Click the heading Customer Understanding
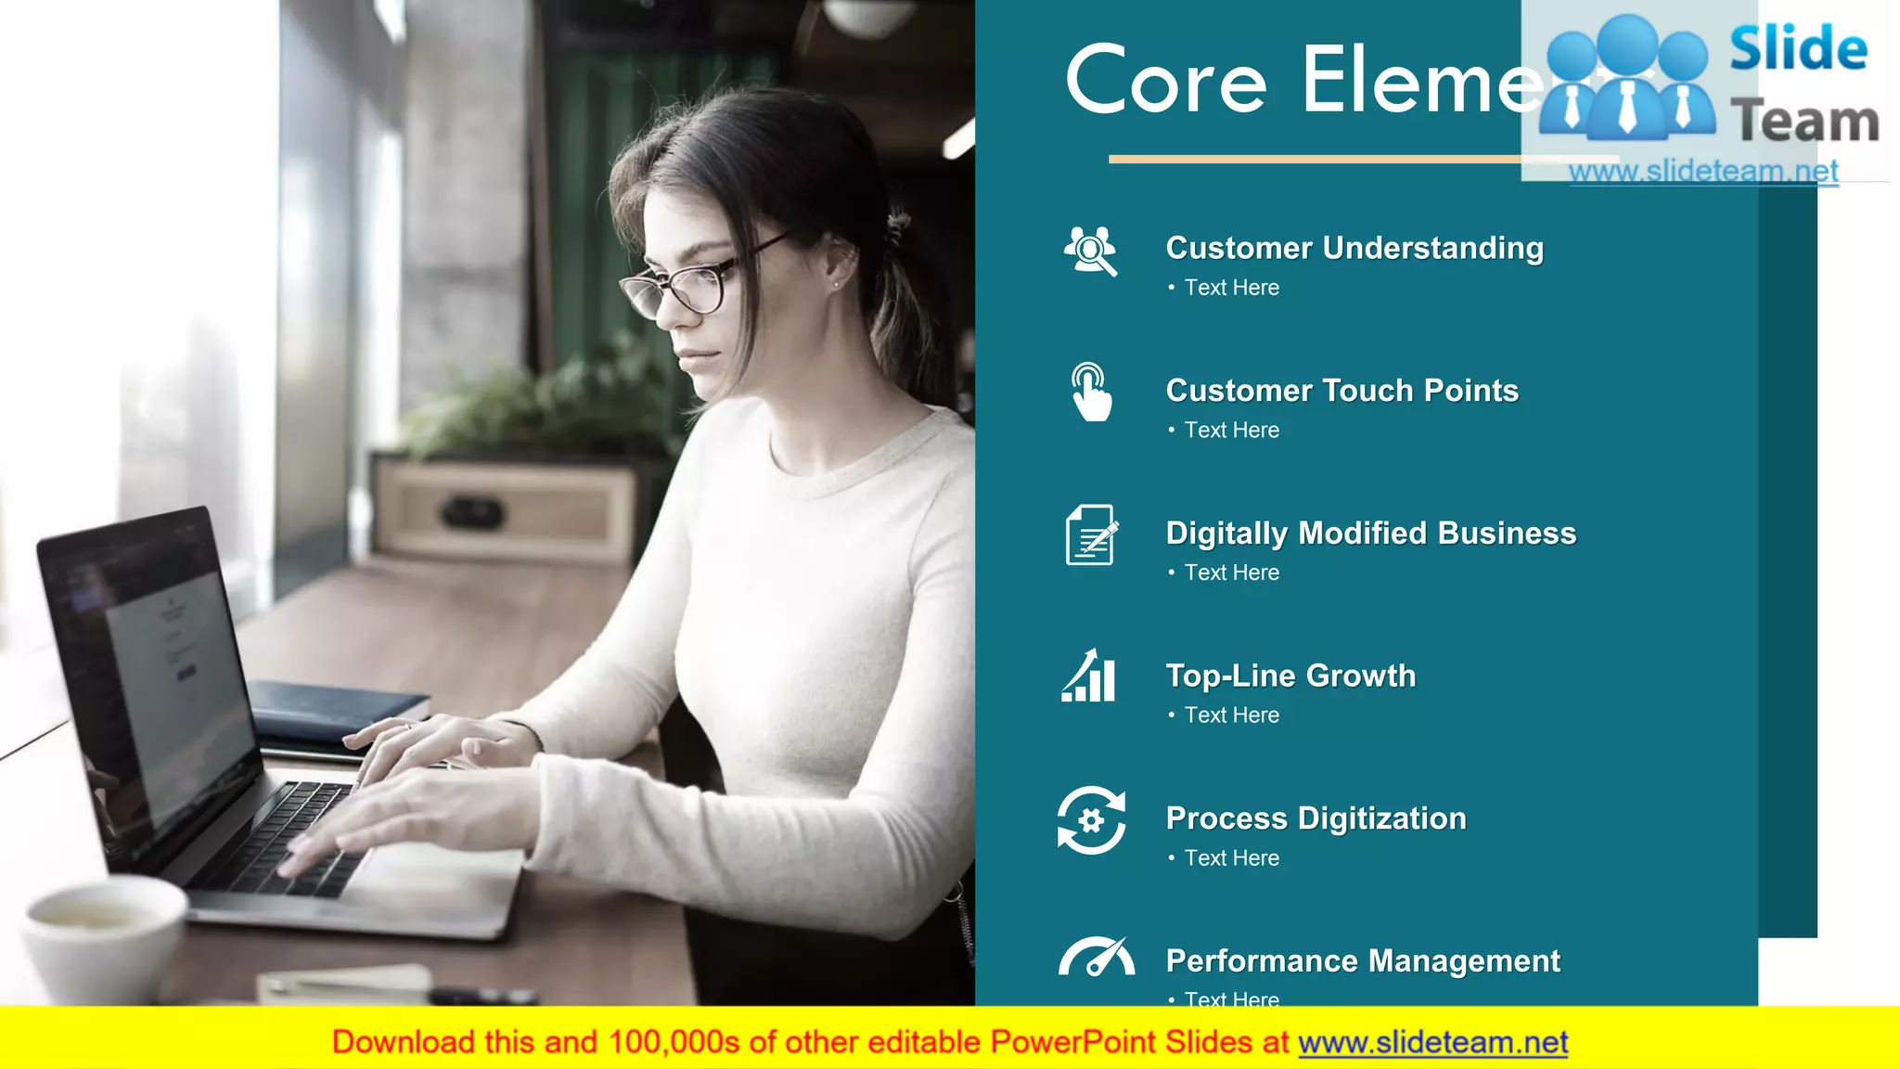point(1354,248)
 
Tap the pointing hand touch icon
point(1091,393)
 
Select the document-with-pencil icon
point(1091,534)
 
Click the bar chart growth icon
point(1089,676)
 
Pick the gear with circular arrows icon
point(1091,820)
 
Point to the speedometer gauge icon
point(1096,958)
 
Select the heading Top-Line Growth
point(1290,676)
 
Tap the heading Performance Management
point(1362,961)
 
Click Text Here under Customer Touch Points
point(1231,431)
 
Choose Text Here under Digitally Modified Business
point(1231,573)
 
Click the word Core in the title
point(1166,82)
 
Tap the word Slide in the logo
point(1798,48)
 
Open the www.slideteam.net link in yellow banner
point(1432,1043)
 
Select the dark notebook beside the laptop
point(334,710)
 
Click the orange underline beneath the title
point(1313,160)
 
